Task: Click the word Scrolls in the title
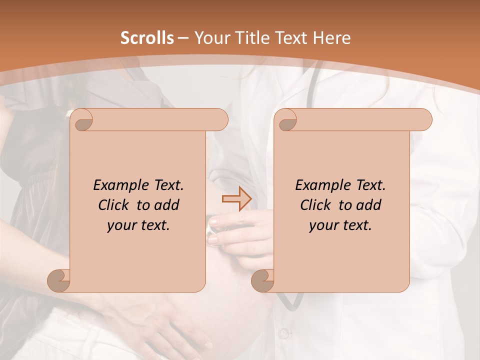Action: [147, 38]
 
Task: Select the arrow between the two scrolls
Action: [236, 199]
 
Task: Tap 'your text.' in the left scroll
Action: [138, 225]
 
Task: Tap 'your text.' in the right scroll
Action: [340, 225]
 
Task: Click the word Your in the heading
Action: [210, 38]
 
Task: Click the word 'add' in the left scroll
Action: [166, 205]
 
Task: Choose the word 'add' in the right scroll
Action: [368, 205]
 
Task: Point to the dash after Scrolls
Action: [183, 38]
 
